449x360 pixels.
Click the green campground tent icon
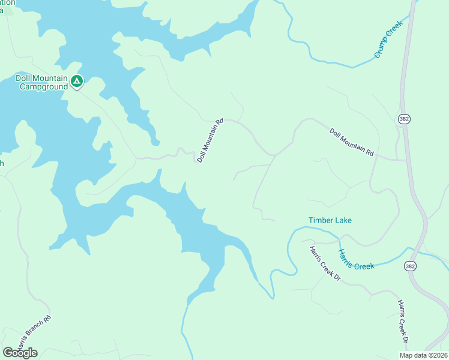pyautogui.click(x=76, y=80)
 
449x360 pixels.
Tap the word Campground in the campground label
pyautogui.click(x=43, y=87)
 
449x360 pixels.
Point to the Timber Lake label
pyautogui.click(x=330, y=220)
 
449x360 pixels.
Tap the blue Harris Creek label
pyautogui.click(x=356, y=259)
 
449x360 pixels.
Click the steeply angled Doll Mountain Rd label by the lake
pyautogui.click(x=210, y=140)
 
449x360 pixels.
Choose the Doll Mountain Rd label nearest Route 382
pyautogui.click(x=351, y=142)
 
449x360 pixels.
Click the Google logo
pyautogui.click(x=20, y=352)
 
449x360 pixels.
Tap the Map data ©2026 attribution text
pyautogui.click(x=423, y=355)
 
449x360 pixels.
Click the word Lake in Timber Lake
pyautogui.click(x=343, y=220)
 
